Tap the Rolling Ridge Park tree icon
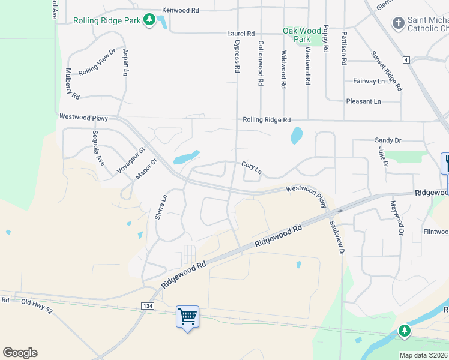pyautogui.click(x=148, y=21)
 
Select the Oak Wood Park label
pyautogui.click(x=302, y=35)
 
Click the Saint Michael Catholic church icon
pyautogui.click(x=397, y=23)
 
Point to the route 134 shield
pyautogui.click(x=147, y=306)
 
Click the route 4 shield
pyautogui.click(x=406, y=60)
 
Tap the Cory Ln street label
pyautogui.click(x=252, y=167)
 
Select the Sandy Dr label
pyautogui.click(x=387, y=140)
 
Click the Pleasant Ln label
pyautogui.click(x=363, y=101)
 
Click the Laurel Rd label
pyautogui.click(x=241, y=34)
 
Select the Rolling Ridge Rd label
pyautogui.click(x=267, y=120)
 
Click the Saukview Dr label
pyautogui.click(x=336, y=238)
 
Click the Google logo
pyautogui.click(x=20, y=353)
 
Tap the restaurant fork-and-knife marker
pyautogui.click(x=445, y=163)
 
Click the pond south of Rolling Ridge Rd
pyautogui.click(x=297, y=136)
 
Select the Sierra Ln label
pyautogui.click(x=160, y=206)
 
